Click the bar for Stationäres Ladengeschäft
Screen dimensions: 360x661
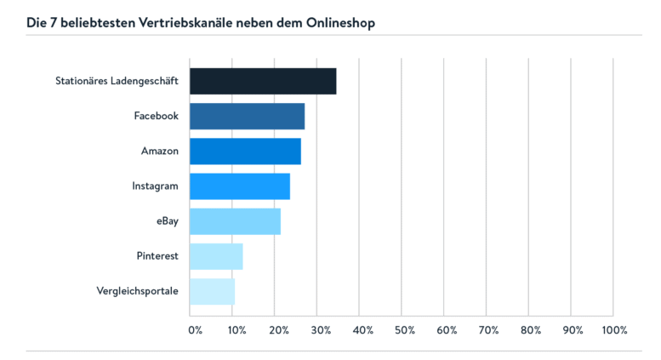coord(262,81)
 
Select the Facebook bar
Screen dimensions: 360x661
coord(247,116)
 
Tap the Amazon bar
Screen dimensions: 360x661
coord(245,151)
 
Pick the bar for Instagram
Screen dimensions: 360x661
coord(239,186)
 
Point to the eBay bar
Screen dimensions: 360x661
coord(235,221)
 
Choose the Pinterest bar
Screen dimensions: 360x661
coord(216,256)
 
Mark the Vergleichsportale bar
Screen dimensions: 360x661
coord(212,291)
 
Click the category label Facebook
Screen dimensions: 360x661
coord(156,116)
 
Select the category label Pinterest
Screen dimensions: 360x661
coord(157,256)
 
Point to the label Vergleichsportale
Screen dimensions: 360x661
coord(138,291)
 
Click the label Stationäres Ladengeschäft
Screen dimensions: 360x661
coord(117,81)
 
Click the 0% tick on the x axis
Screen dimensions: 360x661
coord(195,329)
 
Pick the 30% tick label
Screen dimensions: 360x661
coord(320,329)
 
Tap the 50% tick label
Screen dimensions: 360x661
coord(405,329)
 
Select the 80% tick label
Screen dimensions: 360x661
coord(530,329)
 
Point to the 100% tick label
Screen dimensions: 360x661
coord(613,329)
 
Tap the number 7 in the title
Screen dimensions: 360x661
coord(52,22)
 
